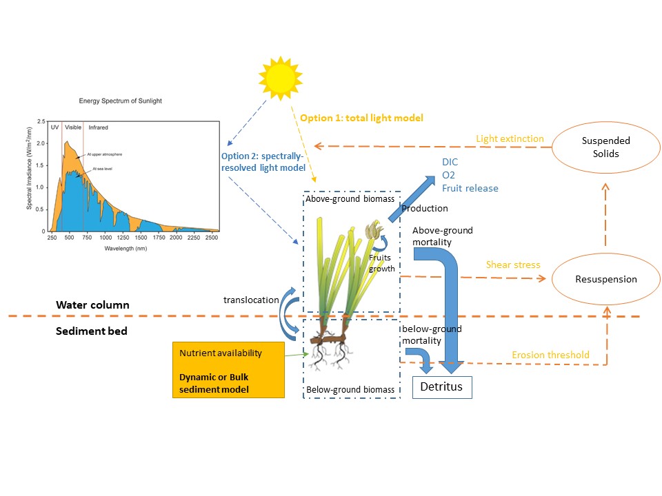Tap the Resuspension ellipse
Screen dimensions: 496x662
pyautogui.click(x=605, y=279)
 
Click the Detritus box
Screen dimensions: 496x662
pyautogui.click(x=442, y=386)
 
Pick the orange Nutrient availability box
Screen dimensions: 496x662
pyautogui.click(x=228, y=371)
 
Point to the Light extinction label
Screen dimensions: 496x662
pyautogui.click(x=510, y=139)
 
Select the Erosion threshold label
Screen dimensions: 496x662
pyautogui.click(x=550, y=355)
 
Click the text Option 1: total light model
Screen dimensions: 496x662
pyautogui.click(x=361, y=118)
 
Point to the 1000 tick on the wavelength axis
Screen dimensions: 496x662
pyautogui.click(x=106, y=237)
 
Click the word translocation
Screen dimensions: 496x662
pyautogui.click(x=252, y=300)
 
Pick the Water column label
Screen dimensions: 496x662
pyautogui.click(x=92, y=304)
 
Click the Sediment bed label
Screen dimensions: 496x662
pyautogui.click(x=92, y=331)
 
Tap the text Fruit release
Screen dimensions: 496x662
pyautogui.click(x=470, y=188)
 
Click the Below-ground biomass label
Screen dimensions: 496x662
pyautogui.click(x=351, y=390)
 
